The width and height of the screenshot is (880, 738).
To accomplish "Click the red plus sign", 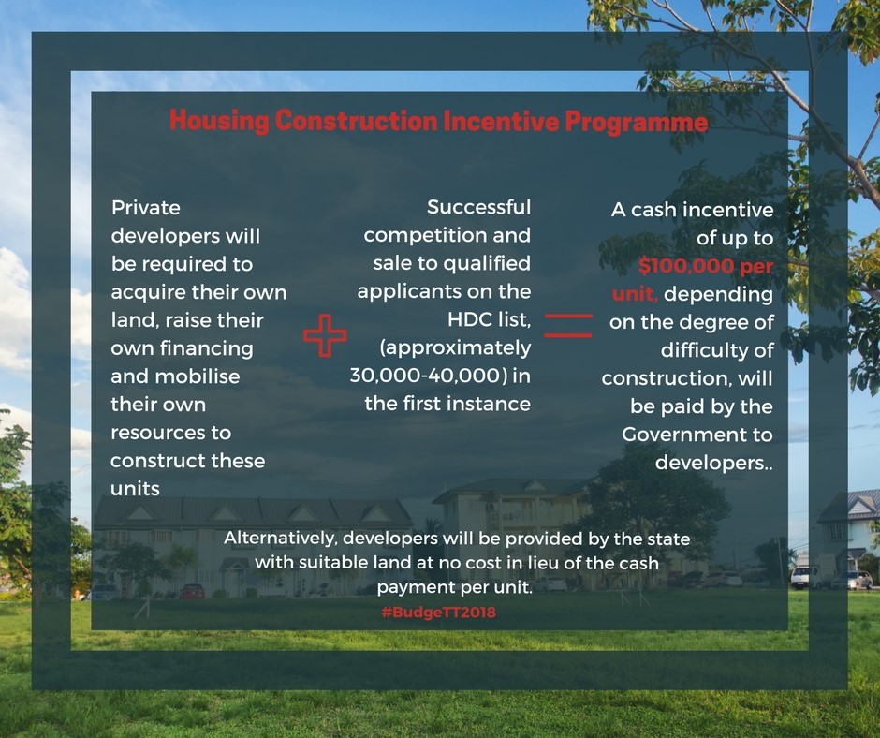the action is [325, 335].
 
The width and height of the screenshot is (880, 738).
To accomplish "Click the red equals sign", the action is [568, 326].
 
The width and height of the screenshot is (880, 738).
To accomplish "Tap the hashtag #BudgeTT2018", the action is [438, 612].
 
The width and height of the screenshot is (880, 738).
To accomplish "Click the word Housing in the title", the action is [219, 121].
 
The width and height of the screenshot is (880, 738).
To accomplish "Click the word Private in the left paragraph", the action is [146, 208].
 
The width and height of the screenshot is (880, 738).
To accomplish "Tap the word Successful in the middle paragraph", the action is [478, 207].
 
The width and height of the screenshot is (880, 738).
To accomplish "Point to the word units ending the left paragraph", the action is [135, 489].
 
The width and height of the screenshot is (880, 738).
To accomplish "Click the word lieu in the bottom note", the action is [540, 563].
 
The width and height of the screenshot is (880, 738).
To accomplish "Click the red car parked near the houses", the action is [192, 591].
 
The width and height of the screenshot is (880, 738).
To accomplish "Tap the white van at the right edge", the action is [806, 577].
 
